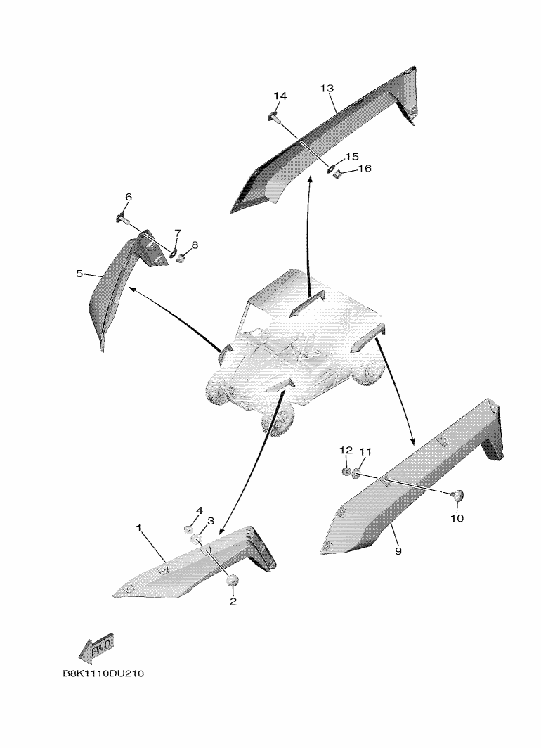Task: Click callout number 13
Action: tap(327, 89)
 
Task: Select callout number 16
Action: tap(365, 169)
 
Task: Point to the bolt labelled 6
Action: tap(121, 219)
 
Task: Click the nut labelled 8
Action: tap(181, 259)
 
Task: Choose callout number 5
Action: tap(79, 274)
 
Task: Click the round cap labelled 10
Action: tap(457, 496)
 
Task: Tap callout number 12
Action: tap(346, 451)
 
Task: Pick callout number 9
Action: tap(398, 551)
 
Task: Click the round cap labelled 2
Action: tap(232, 581)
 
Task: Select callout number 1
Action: tap(138, 528)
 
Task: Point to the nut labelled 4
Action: tap(189, 529)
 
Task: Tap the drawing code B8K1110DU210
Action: tap(103, 674)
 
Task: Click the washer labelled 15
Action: tap(330, 167)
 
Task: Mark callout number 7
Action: tap(178, 233)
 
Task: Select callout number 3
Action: tap(211, 520)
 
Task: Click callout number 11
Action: tap(365, 451)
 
